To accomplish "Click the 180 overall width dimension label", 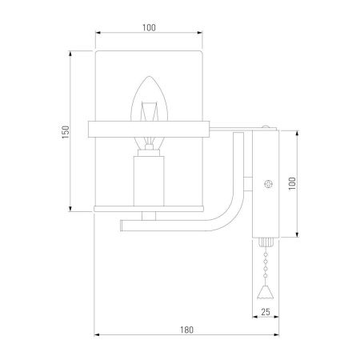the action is (186, 330).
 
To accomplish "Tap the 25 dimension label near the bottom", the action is (266, 312).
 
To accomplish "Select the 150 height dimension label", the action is (66, 132).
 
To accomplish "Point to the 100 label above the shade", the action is (149, 27).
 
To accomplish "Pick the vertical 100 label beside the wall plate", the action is (292, 183).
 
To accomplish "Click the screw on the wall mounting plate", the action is (269, 184).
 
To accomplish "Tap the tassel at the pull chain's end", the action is (266, 292).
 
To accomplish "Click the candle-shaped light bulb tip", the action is (149, 77).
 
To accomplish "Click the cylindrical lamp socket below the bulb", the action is (149, 181).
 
